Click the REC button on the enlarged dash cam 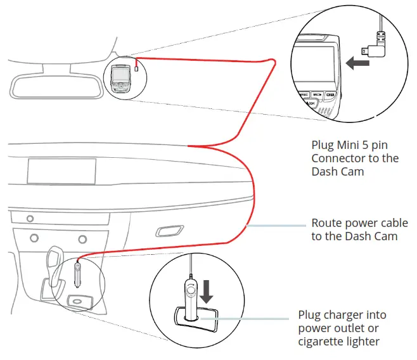pos(304,94)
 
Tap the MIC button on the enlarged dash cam pos(317,94)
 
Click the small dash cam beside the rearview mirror pos(120,78)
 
